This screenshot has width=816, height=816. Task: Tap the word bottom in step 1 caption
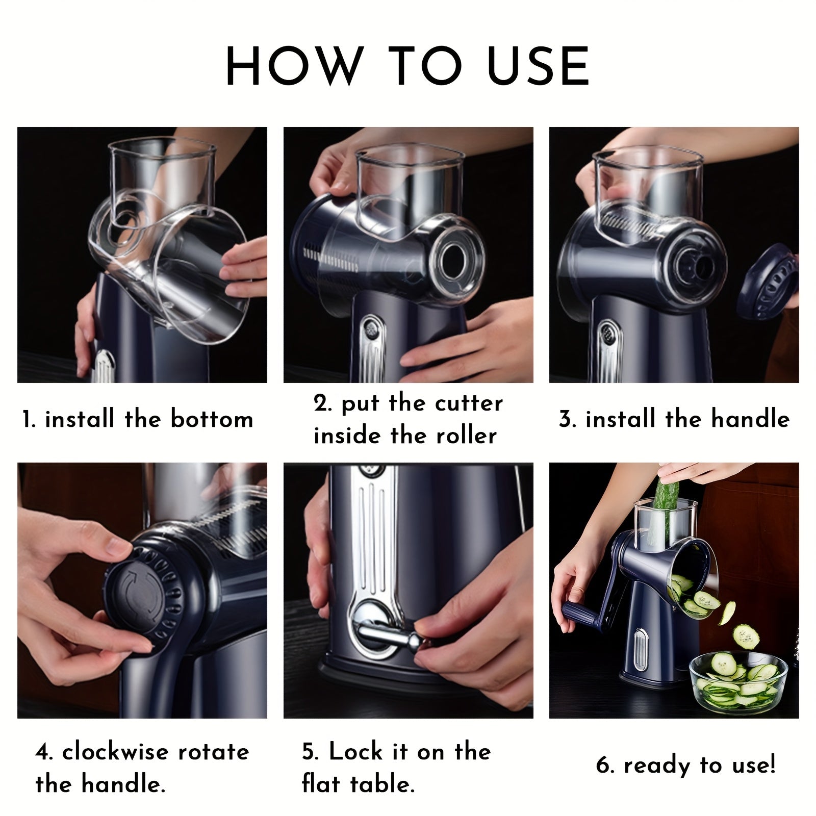[212, 419]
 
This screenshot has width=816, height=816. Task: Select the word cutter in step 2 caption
[469, 403]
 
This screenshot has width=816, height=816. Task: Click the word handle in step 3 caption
[750, 419]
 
